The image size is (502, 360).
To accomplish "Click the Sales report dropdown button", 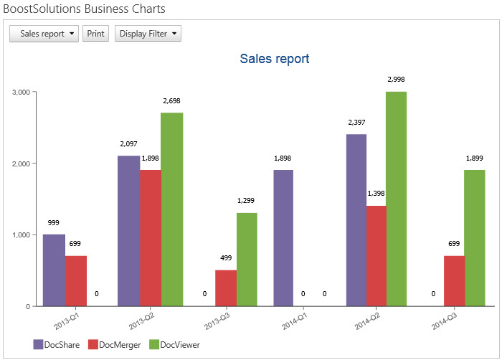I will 43,34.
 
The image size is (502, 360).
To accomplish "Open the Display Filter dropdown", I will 148,34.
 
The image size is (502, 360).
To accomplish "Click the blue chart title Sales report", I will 275,59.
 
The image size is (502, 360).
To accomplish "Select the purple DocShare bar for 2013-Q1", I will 54,270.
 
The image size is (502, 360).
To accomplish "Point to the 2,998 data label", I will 396,79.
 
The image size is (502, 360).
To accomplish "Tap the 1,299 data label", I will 247,201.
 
